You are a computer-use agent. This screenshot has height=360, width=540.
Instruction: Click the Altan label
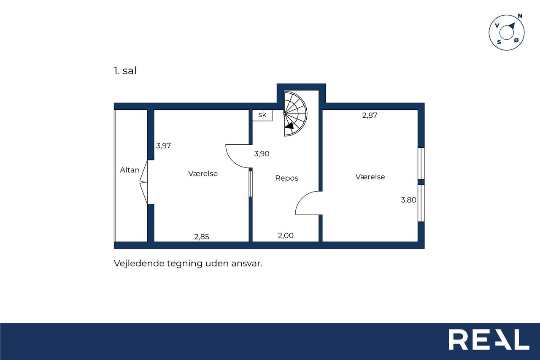click(130, 170)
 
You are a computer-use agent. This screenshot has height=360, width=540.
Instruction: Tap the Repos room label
click(286, 178)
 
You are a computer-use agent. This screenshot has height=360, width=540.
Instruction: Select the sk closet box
click(262, 115)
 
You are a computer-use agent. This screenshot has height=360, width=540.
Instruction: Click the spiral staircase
click(295, 114)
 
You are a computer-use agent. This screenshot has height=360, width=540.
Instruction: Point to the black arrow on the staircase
click(289, 126)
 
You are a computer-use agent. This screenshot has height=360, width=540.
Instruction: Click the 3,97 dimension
click(163, 146)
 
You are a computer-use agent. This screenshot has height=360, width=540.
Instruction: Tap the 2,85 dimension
click(202, 237)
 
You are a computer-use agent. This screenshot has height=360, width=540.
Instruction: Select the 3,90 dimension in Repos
click(262, 154)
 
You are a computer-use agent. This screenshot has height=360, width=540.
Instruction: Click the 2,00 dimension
click(286, 235)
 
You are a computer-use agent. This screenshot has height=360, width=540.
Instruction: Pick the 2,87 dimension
click(370, 115)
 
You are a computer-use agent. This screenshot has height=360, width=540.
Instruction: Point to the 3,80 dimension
click(408, 200)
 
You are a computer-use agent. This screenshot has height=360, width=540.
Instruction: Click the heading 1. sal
click(125, 70)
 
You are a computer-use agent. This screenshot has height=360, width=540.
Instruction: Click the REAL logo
click(489, 339)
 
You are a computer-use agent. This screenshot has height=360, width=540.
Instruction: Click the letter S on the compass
click(499, 42)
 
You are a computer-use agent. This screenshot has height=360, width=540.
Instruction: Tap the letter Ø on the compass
click(516, 40)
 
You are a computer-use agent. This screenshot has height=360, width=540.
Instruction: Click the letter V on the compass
click(497, 25)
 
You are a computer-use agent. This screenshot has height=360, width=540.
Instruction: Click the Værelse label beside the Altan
click(203, 173)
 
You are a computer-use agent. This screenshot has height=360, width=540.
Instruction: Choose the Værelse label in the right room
click(370, 177)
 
